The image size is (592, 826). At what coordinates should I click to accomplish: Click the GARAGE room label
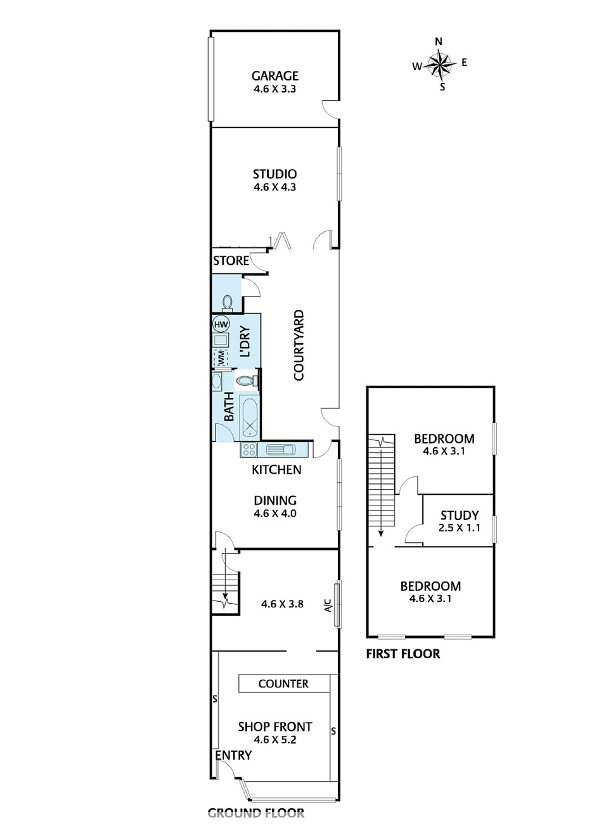click(x=274, y=75)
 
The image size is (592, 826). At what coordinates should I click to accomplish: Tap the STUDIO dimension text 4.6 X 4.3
click(x=274, y=187)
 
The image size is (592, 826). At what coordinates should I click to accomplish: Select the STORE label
click(x=231, y=261)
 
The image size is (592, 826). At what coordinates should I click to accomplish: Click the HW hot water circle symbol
click(x=221, y=324)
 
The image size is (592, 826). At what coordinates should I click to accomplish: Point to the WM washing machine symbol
click(x=221, y=358)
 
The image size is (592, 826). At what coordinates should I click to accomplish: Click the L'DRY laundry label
click(x=245, y=342)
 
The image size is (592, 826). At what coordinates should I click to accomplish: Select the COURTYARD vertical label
click(x=299, y=345)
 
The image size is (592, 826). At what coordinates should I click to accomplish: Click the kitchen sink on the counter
click(x=280, y=450)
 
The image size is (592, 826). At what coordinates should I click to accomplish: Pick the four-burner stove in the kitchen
click(x=249, y=450)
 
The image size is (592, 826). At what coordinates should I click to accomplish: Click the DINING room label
click(x=275, y=500)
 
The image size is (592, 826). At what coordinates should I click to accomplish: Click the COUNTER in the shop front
click(x=284, y=683)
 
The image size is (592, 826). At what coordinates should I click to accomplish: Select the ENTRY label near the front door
click(x=233, y=755)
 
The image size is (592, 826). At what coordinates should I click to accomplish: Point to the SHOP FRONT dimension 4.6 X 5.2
click(x=275, y=740)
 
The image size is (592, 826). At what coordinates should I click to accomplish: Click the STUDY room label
click(x=460, y=515)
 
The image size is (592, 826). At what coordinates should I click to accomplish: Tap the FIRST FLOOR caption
click(x=403, y=654)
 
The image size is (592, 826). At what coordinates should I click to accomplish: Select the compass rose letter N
click(x=439, y=41)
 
